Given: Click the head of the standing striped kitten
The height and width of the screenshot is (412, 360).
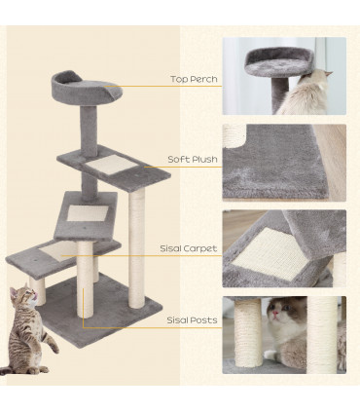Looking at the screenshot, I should (x=20, y=296).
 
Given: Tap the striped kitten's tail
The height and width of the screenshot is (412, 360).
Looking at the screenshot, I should (x=12, y=369).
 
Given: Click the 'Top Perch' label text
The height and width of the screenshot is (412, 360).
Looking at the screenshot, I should (x=194, y=79).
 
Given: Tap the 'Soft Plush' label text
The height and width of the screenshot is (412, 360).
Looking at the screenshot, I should (x=194, y=158).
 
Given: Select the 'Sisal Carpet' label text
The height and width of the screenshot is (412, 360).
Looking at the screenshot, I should (x=189, y=248).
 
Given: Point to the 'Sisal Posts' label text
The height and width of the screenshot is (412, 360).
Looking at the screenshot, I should (x=191, y=318).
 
